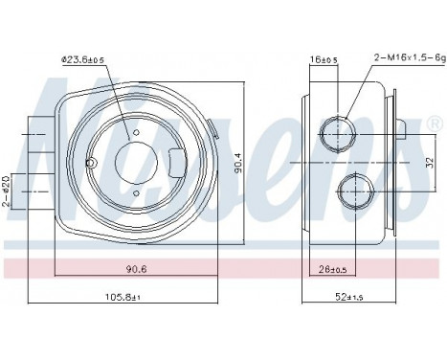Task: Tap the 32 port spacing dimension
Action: pyautogui.click(x=429, y=161)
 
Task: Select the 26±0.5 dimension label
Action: pyautogui.click(x=330, y=268)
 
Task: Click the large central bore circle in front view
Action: pyautogui.click(x=136, y=161)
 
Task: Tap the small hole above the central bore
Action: pyautogui.click(x=136, y=132)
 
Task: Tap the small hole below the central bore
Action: pyautogui.click(x=136, y=191)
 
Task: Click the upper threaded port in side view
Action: pyautogui.click(x=337, y=131)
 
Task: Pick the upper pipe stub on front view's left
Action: pyautogui.click(x=37, y=132)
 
